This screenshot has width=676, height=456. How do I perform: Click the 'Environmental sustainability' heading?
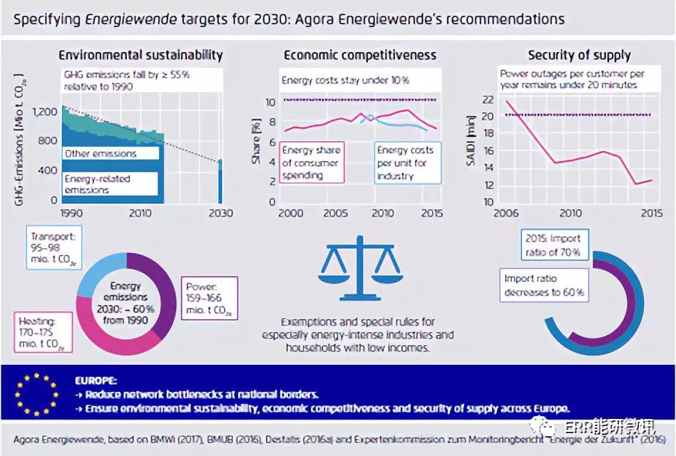pyautogui.click(x=140, y=55)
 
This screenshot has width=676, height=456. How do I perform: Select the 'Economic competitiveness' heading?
pyautogui.click(x=360, y=55)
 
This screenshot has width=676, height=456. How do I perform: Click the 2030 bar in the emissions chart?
pyautogui.click(x=220, y=182)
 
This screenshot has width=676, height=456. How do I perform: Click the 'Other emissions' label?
pyautogui.click(x=100, y=153)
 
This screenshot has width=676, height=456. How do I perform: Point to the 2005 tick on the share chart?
pyautogui.click(x=336, y=213)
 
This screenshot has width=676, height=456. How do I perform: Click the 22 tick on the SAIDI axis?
pyautogui.click(x=488, y=99)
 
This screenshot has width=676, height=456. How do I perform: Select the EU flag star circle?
pyautogui.click(x=36, y=392)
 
